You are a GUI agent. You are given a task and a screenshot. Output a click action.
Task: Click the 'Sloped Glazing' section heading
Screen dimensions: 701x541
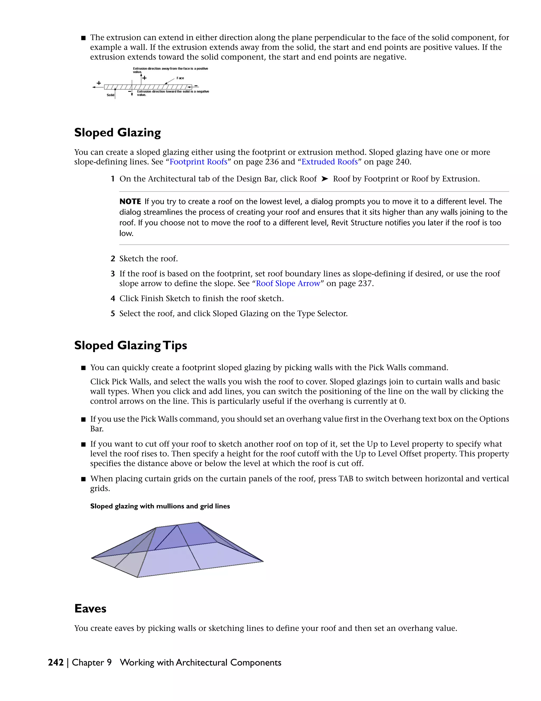[117, 133]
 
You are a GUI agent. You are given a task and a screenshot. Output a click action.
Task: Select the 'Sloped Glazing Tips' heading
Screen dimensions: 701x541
[130, 346]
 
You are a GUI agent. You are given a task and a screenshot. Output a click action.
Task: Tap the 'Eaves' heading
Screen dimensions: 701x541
[90, 609]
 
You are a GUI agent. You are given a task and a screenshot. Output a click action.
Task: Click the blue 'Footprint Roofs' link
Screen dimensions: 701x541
[198, 162]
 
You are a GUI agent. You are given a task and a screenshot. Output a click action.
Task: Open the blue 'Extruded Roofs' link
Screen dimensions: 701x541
[329, 162]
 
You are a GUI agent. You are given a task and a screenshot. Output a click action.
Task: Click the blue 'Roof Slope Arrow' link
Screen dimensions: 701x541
[288, 283]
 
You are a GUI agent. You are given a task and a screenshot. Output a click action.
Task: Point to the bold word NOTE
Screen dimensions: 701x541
[130, 202]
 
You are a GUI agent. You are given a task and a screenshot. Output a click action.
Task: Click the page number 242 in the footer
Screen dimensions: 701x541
[56, 662]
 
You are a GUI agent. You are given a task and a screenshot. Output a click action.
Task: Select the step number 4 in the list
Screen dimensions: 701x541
[113, 298]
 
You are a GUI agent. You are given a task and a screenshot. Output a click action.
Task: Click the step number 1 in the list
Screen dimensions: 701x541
[113, 179]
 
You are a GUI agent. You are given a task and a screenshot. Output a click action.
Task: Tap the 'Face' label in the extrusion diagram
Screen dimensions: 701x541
[180, 78]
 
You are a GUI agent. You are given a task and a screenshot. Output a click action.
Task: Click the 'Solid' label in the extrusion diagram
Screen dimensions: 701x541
[110, 95]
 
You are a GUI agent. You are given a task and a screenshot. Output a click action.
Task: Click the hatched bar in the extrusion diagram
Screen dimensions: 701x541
[147, 87]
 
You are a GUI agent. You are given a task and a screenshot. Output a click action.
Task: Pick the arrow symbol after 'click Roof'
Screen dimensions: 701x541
[325, 179]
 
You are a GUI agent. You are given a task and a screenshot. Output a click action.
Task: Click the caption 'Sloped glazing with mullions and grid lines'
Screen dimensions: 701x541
[160, 506]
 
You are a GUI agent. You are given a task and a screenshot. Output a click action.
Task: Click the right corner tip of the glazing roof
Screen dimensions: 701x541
[263, 561]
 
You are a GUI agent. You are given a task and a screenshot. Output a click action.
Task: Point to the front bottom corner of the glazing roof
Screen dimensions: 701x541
[138, 577]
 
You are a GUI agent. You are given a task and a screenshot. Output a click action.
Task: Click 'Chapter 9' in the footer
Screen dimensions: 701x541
[92, 662]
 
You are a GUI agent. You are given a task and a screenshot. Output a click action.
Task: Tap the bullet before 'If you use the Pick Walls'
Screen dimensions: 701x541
[83, 420]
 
